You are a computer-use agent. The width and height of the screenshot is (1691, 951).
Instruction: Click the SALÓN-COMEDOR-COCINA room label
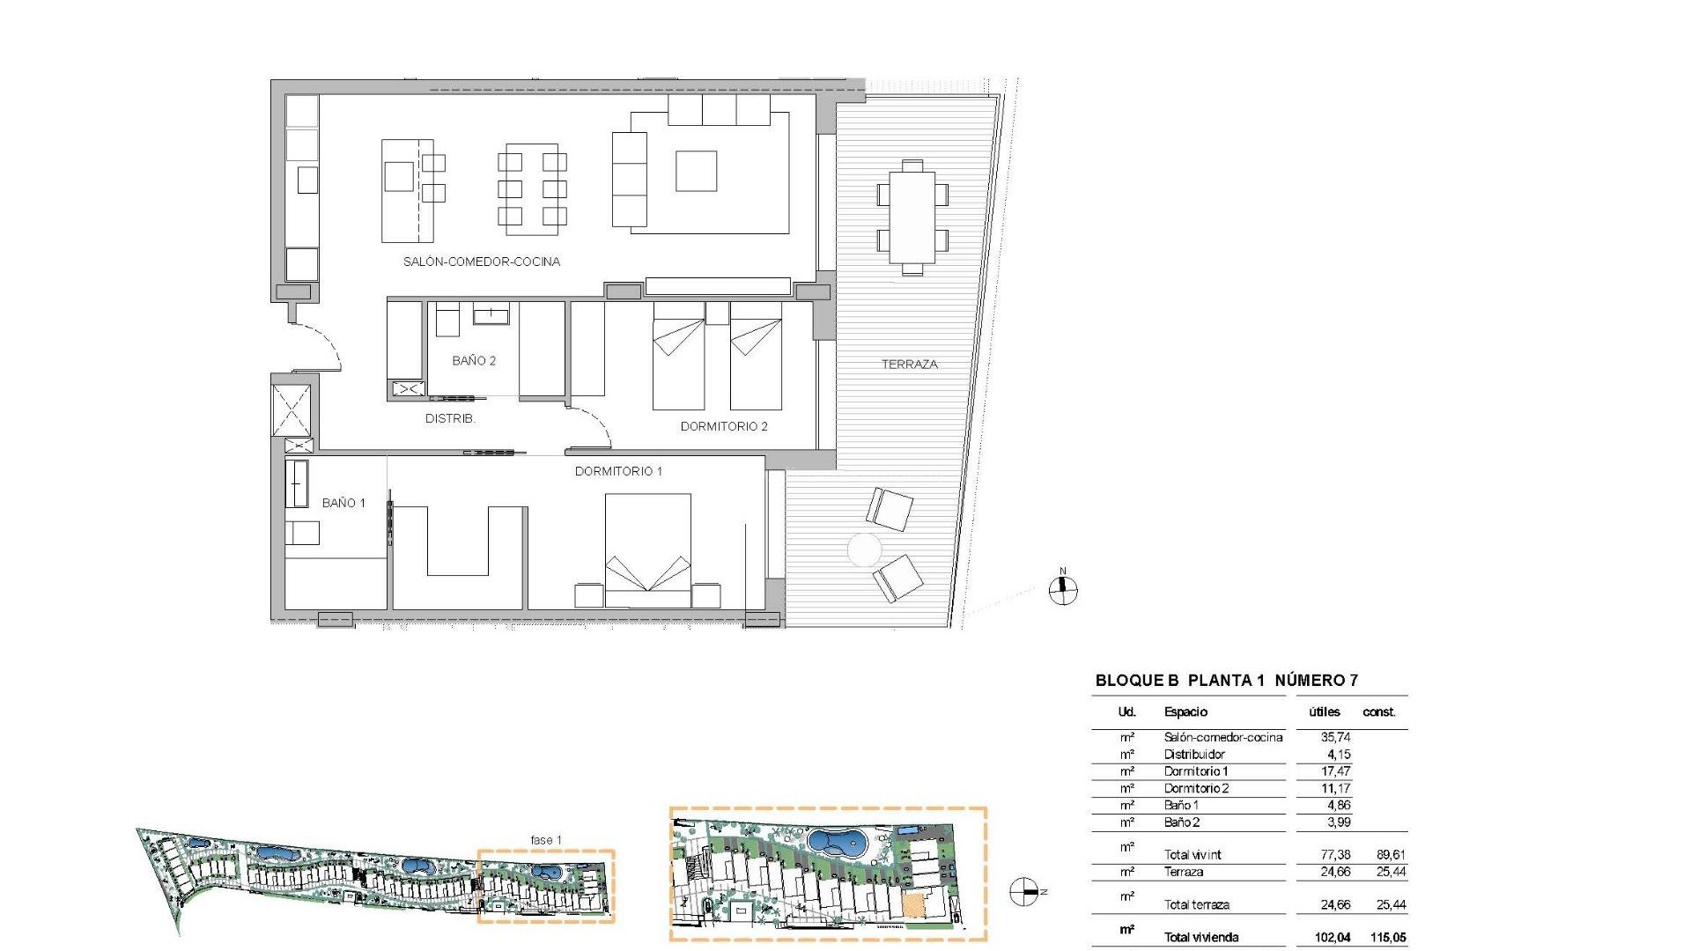(x=481, y=262)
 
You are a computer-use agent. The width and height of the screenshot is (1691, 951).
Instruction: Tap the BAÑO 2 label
(x=474, y=360)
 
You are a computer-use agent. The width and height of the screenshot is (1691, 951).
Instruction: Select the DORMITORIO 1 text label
(x=618, y=471)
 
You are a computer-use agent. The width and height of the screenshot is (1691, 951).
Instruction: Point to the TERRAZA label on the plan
(x=909, y=364)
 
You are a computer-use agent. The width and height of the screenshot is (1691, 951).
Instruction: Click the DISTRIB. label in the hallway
(x=450, y=418)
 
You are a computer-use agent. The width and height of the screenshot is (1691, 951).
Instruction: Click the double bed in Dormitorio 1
(x=648, y=550)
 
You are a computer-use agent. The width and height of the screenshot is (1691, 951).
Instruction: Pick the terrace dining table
(x=912, y=217)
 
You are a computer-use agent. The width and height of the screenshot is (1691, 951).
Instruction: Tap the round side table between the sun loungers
(x=864, y=550)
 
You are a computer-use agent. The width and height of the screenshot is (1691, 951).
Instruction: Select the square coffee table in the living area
(x=696, y=171)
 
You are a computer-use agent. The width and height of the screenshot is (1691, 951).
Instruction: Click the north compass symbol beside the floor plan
(x=1064, y=590)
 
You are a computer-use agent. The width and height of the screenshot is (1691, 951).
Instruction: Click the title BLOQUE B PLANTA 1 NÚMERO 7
(x=1226, y=680)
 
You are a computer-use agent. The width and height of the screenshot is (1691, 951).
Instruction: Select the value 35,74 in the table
(x=1335, y=737)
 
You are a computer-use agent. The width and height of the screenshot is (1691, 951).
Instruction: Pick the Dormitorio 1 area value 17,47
(x=1335, y=771)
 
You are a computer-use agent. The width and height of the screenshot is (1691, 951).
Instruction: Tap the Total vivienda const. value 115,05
(x=1388, y=937)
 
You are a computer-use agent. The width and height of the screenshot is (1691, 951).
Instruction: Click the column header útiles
(x=1324, y=711)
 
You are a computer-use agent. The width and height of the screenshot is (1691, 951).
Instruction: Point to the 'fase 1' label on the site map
(x=545, y=840)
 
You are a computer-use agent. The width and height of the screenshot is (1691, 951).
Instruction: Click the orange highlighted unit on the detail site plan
(x=916, y=906)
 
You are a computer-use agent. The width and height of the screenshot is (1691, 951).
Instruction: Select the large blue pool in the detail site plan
(x=837, y=844)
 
